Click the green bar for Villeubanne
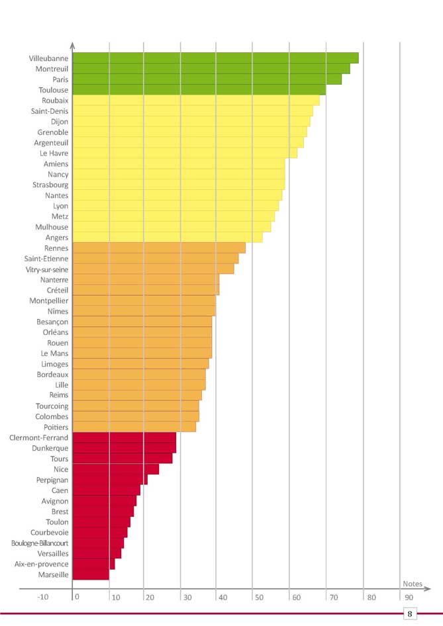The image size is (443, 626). (x=215, y=58)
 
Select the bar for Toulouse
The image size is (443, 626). (x=199, y=90)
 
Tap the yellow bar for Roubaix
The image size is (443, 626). (x=195, y=101)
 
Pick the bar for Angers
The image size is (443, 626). (x=167, y=238)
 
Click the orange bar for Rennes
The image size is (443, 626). (x=158, y=248)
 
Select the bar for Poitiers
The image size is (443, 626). (x=134, y=427)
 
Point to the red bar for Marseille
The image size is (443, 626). (x=91, y=575)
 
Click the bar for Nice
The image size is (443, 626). (x=115, y=469)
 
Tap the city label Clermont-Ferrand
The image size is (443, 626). (x=39, y=437)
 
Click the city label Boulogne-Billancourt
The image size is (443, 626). (x=40, y=543)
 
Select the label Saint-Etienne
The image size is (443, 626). (x=46, y=259)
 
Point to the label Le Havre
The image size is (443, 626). (x=54, y=153)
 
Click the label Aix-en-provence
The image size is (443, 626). (x=42, y=564)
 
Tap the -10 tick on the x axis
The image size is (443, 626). (x=42, y=597)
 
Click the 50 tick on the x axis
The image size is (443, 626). (x=258, y=597)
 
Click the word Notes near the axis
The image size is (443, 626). (x=412, y=583)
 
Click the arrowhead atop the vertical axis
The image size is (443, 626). (x=72, y=45)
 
